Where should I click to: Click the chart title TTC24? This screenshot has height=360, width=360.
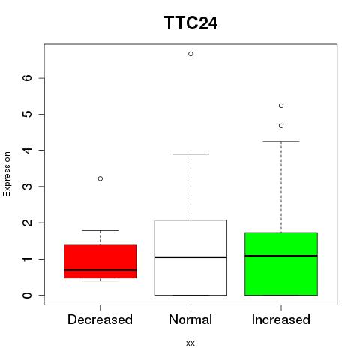pos(190,23)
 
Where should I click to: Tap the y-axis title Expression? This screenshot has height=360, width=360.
pos(7,174)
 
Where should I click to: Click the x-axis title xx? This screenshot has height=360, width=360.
pos(190,343)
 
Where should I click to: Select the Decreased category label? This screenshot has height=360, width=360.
pos(100,319)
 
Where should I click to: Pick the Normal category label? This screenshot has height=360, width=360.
pos(190,319)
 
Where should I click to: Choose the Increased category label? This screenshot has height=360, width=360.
pos(281,319)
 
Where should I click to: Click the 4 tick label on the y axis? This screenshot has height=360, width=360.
pos(28,150)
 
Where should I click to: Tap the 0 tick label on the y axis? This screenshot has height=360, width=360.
pos(28,295)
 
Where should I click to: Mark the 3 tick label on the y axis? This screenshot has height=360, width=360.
pos(28,187)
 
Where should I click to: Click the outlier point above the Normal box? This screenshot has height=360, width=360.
pos(190,54)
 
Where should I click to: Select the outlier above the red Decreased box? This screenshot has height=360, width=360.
pos(100,178)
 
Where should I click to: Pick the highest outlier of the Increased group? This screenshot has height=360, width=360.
pos(281,106)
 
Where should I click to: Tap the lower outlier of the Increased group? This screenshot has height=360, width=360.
pos(281,126)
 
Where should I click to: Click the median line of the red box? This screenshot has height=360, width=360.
pos(100,270)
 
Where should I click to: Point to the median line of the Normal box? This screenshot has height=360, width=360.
pos(190,257)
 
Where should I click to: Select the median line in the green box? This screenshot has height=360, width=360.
pos(281,256)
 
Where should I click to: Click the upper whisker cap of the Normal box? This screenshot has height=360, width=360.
pos(190,154)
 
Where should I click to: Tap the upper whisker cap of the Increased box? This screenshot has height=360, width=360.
pos(281,142)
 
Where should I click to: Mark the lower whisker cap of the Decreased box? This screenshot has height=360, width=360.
pos(100,280)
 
